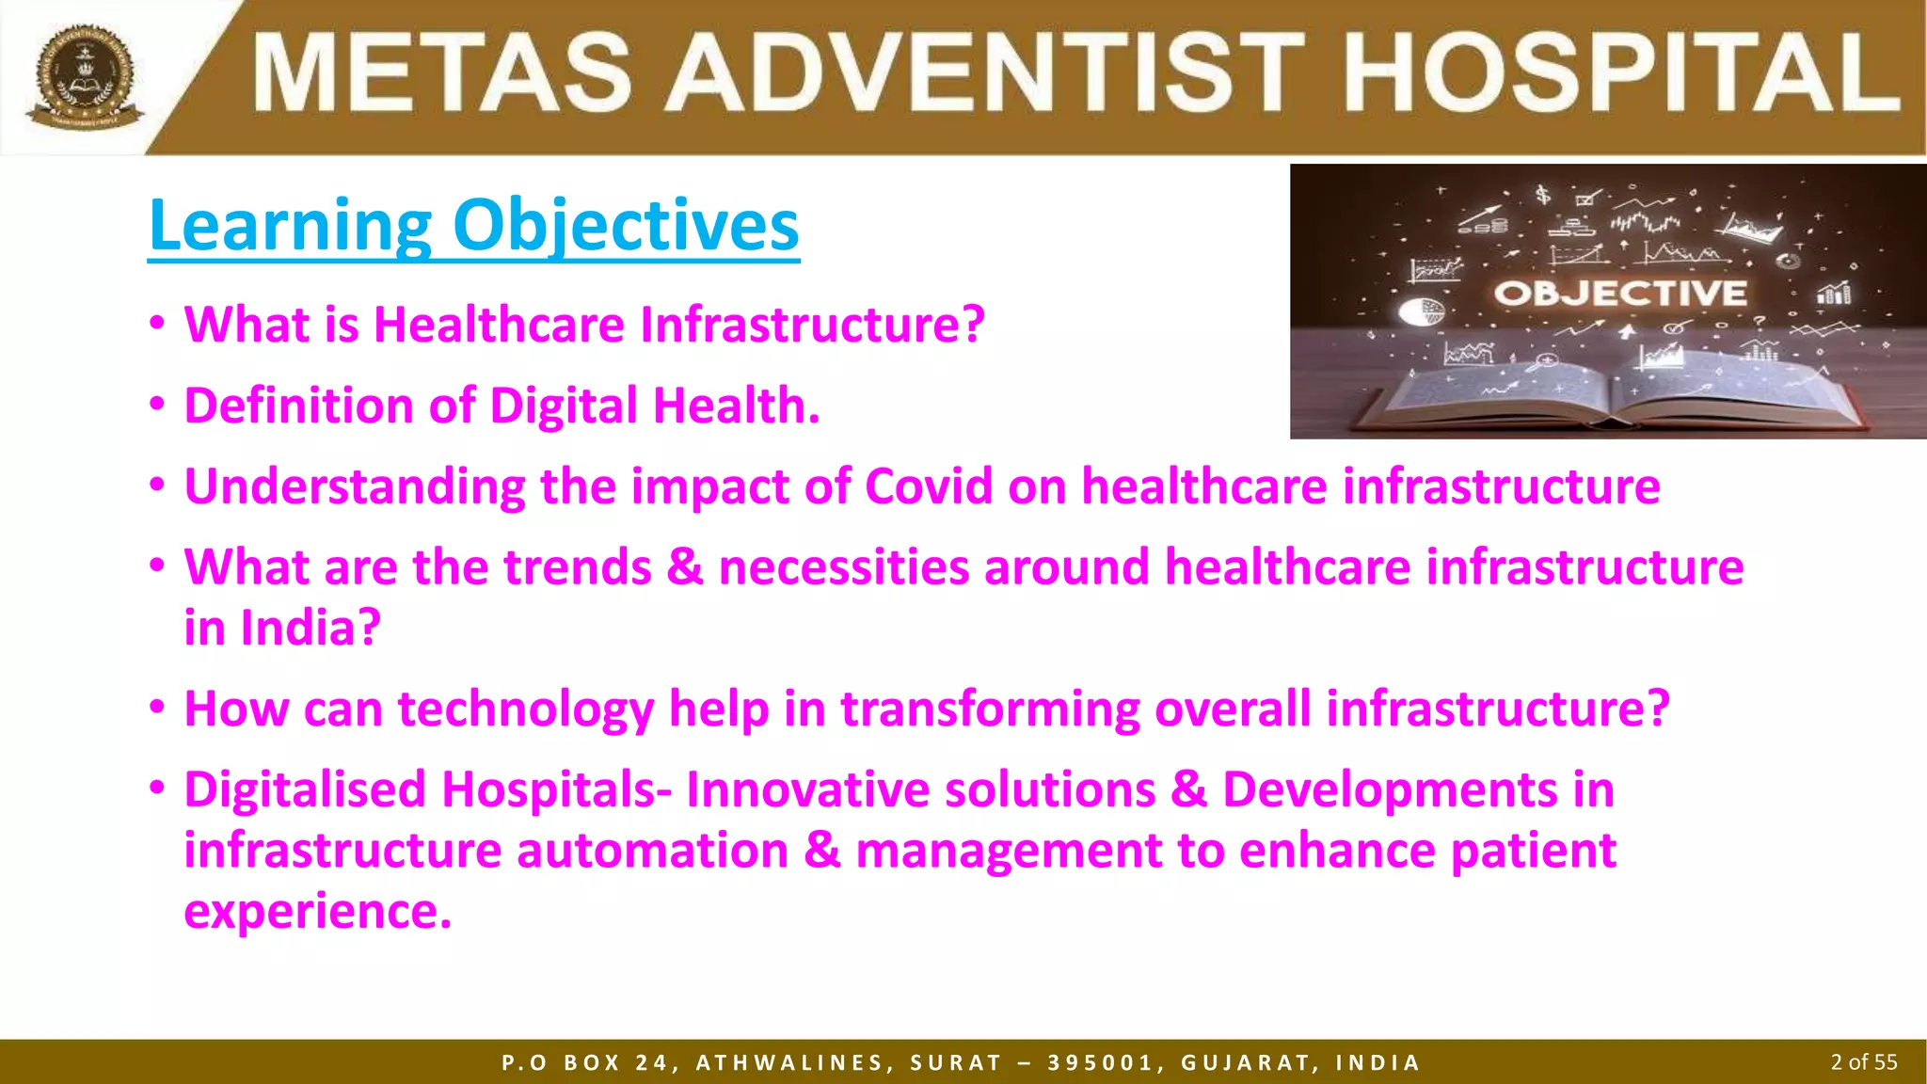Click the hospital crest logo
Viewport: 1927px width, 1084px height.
tap(84, 76)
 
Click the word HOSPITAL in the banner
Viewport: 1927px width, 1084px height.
tap(1621, 73)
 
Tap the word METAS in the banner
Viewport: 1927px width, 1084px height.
tap(442, 73)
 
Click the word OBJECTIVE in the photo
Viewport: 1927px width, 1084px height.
tap(1620, 293)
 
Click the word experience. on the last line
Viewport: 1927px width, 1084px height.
tap(317, 911)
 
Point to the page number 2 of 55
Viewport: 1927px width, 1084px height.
tap(1863, 1062)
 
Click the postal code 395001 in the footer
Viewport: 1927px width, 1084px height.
tap(1100, 1063)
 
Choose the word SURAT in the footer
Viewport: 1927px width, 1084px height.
tap(955, 1063)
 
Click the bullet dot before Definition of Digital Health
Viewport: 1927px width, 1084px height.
tap(157, 406)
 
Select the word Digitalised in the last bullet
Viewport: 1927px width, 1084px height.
tap(305, 789)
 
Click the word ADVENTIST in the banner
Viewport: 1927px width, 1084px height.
tap(987, 73)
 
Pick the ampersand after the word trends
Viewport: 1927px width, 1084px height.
tap(684, 567)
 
